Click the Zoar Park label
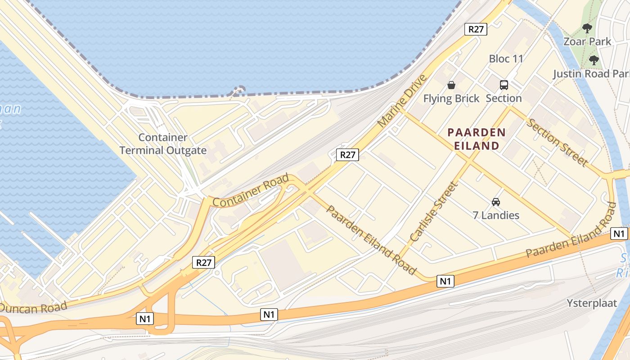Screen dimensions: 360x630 [587, 42]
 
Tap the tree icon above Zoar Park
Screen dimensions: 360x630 [587, 29]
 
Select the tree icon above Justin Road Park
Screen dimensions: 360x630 [594, 60]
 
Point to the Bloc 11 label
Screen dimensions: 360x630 [506, 59]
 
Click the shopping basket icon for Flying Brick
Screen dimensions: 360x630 [451, 85]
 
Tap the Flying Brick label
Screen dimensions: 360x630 [451, 98]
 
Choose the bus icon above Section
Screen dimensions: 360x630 [504, 85]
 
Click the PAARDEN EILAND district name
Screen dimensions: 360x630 [477, 139]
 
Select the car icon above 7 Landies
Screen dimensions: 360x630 [496, 202]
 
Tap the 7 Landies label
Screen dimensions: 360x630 [496, 215]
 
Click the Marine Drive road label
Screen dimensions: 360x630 [401, 102]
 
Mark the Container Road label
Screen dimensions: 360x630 [250, 191]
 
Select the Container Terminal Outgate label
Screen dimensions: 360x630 [163, 144]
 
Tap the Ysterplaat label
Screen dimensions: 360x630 [592, 303]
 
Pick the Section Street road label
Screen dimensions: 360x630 [557, 142]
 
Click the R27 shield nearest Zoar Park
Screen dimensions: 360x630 [476, 29]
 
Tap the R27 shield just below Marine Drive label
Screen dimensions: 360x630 [347, 155]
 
